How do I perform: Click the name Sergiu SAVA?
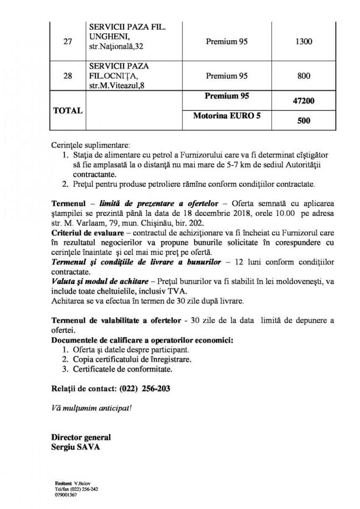(x=76, y=446)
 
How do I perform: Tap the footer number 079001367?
(x=66, y=495)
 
